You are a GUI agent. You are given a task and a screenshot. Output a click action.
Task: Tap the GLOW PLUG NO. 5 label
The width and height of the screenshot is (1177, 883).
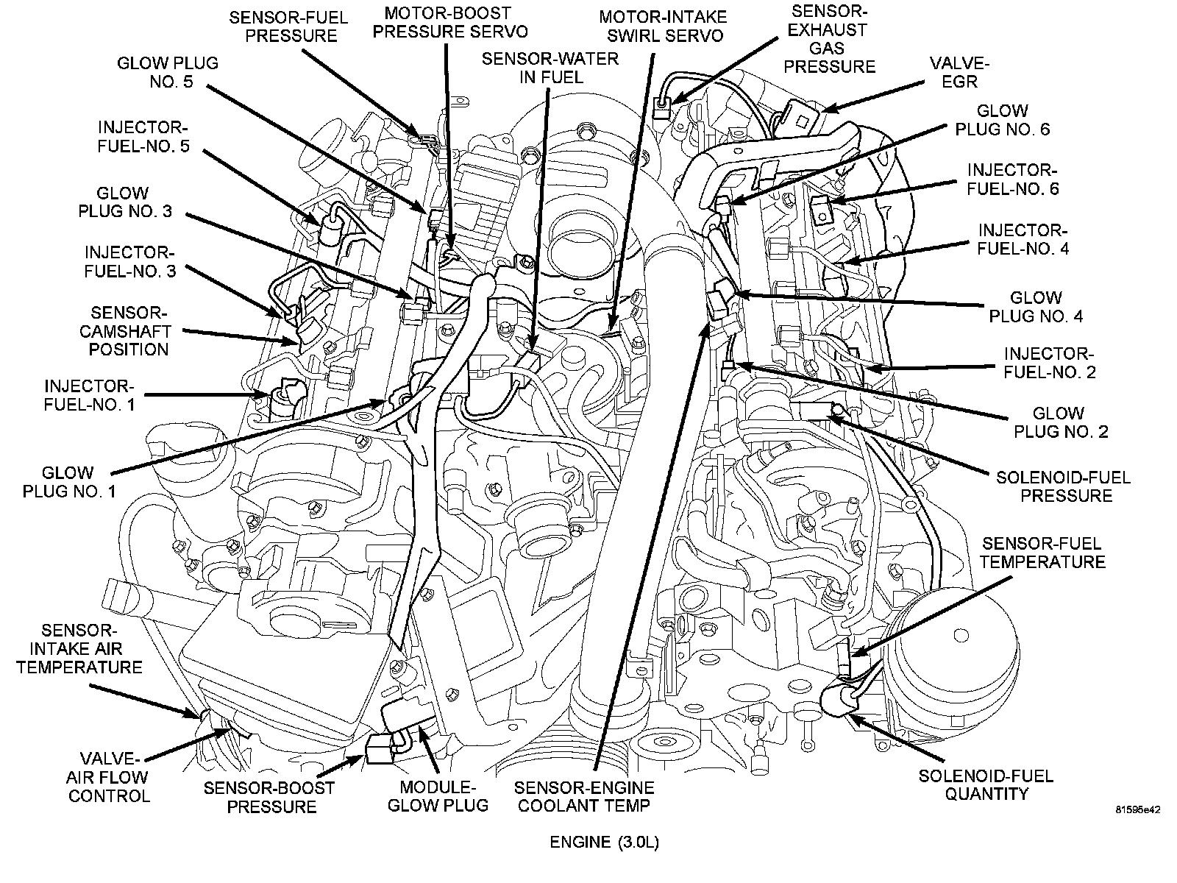pyautogui.click(x=168, y=72)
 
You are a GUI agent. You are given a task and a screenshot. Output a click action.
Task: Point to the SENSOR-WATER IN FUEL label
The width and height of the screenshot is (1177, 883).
pyautogui.click(x=550, y=68)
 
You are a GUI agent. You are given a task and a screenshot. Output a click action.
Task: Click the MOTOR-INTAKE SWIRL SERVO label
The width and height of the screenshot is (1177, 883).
pyautogui.click(x=661, y=26)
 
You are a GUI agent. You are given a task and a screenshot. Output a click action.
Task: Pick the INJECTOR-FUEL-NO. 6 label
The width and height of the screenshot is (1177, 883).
pyautogui.click(x=1012, y=179)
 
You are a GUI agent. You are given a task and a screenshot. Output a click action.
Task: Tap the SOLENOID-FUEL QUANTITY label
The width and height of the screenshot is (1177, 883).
pyautogui.click(x=986, y=784)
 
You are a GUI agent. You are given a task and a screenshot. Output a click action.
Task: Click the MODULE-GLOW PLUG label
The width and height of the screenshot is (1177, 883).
pyautogui.click(x=438, y=795)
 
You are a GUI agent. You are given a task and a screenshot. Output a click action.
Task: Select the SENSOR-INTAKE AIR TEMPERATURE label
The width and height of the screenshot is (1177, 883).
pyautogui.click(x=79, y=649)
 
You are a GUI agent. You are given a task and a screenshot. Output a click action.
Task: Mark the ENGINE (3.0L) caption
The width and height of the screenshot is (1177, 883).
pyautogui.click(x=604, y=843)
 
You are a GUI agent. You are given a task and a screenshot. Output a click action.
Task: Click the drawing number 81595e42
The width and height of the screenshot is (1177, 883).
pyautogui.click(x=1137, y=810)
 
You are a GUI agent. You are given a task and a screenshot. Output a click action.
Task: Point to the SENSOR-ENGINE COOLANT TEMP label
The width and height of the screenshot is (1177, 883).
pyautogui.click(x=584, y=795)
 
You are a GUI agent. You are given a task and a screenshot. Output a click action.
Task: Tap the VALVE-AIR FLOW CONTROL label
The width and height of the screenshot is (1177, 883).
pyautogui.click(x=109, y=777)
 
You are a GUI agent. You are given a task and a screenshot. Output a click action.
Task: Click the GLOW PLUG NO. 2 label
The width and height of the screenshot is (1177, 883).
pyautogui.click(x=1060, y=422)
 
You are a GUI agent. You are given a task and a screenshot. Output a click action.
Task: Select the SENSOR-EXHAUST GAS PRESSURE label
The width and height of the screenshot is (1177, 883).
pyautogui.click(x=829, y=40)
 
